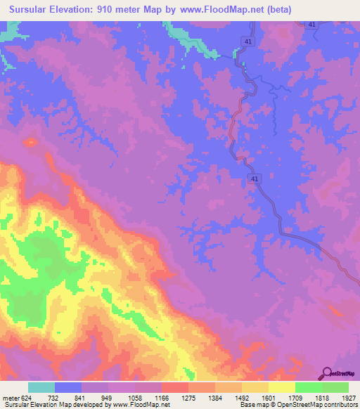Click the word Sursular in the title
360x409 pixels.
(32, 10)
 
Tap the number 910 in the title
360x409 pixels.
(117, 10)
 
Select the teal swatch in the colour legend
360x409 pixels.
(41, 387)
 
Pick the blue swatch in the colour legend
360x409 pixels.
(68, 387)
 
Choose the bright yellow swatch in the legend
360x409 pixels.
(282, 387)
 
